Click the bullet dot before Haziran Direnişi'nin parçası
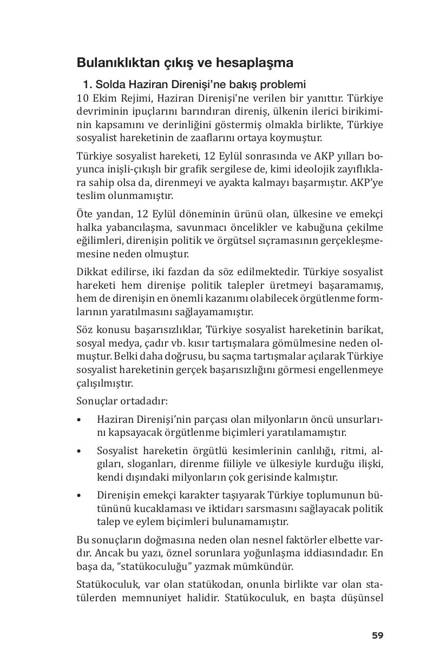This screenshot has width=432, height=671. pyautogui.click(x=80, y=420)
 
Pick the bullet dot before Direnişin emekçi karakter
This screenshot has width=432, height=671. pyautogui.click(x=80, y=496)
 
